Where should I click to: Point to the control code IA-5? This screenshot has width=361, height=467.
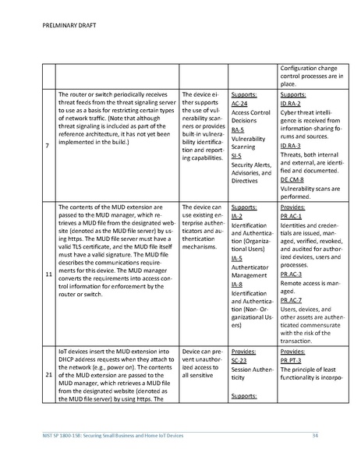236,258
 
